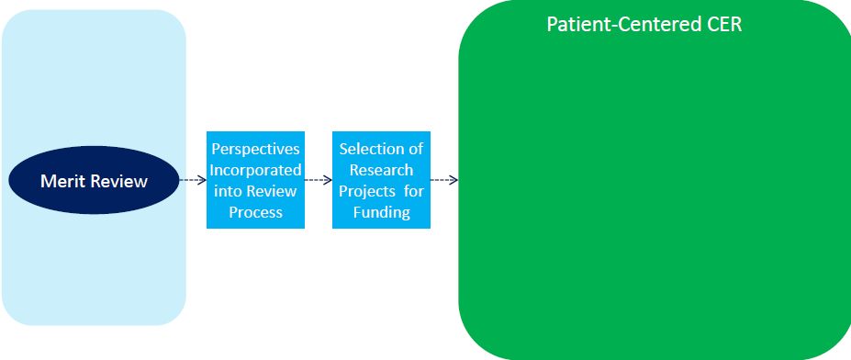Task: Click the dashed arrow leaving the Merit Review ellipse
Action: point(190,180)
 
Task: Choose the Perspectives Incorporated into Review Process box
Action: point(254,180)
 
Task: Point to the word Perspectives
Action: point(255,148)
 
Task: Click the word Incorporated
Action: point(255,169)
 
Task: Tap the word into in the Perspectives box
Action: point(229,191)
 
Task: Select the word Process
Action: point(255,212)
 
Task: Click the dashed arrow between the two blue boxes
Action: point(318,180)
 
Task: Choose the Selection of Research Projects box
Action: point(381,180)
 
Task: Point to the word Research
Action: point(381,169)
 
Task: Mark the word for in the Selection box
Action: point(413,191)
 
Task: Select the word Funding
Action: point(381,212)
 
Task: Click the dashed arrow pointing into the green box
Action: point(444,180)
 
